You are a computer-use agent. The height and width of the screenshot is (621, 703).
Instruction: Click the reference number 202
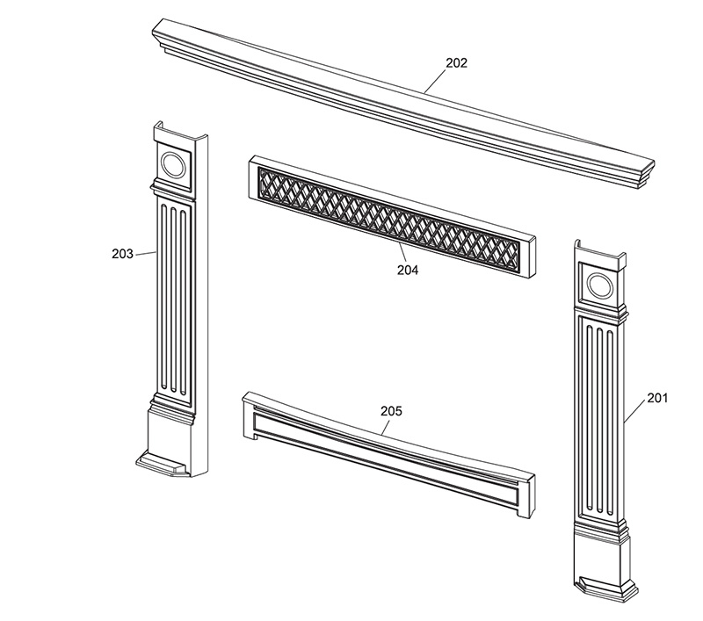pyautogui.click(x=456, y=63)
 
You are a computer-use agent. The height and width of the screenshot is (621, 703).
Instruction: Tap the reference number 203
pyautogui.click(x=122, y=254)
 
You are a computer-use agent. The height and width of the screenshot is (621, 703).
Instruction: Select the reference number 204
pyautogui.click(x=408, y=271)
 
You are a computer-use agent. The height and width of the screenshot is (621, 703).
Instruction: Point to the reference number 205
pyautogui.click(x=391, y=411)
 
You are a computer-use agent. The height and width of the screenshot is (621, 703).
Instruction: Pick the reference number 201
pyautogui.click(x=657, y=398)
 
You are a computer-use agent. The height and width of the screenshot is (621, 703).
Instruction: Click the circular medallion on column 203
pyautogui.click(x=173, y=165)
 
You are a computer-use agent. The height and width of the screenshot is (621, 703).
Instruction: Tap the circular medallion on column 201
pyautogui.click(x=600, y=285)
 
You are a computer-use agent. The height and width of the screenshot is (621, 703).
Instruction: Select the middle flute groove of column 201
pyautogui.click(x=600, y=419)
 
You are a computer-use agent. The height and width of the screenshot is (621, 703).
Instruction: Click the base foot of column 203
pyautogui.click(x=162, y=465)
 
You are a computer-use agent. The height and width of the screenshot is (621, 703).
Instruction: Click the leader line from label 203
pyautogui.click(x=145, y=254)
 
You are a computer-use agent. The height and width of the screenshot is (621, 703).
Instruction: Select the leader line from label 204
pyautogui.click(x=402, y=254)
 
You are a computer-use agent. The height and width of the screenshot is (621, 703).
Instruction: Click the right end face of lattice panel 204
pyautogui.click(x=533, y=256)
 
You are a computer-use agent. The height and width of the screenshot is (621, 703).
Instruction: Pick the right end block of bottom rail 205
pyautogui.click(x=526, y=496)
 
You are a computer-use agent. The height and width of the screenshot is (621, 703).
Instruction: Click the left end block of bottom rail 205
pyautogui.click(x=248, y=415)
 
